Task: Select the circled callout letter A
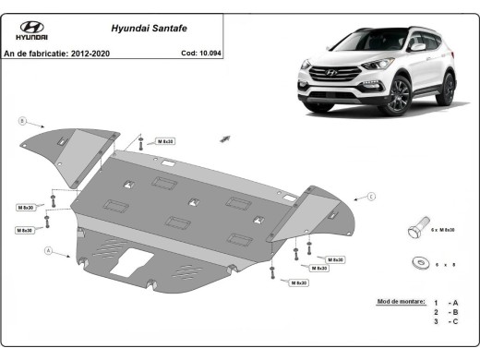pyautogui.click(x=47, y=250)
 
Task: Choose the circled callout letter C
pyautogui.click(x=371, y=197)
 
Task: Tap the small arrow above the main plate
pyautogui.click(x=223, y=138)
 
